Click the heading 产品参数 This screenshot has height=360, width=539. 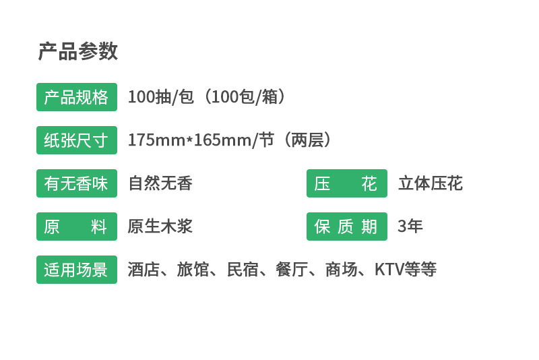[77, 51]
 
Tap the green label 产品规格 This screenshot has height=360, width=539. [76, 97]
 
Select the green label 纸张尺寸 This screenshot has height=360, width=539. [76, 140]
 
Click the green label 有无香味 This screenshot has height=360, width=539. [76, 183]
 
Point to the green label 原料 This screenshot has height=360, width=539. [76, 227]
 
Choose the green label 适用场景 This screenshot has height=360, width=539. [76, 270]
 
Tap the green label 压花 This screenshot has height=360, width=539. [346, 183]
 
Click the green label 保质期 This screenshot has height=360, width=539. [346, 227]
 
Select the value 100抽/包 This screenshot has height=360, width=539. [160, 97]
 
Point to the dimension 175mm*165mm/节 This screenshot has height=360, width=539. [200, 140]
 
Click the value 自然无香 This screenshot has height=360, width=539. [160, 183]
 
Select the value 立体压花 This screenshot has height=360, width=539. [430, 183]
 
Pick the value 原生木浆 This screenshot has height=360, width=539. [160, 227]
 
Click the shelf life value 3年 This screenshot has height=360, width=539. [410, 227]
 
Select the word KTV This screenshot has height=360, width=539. [389, 270]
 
